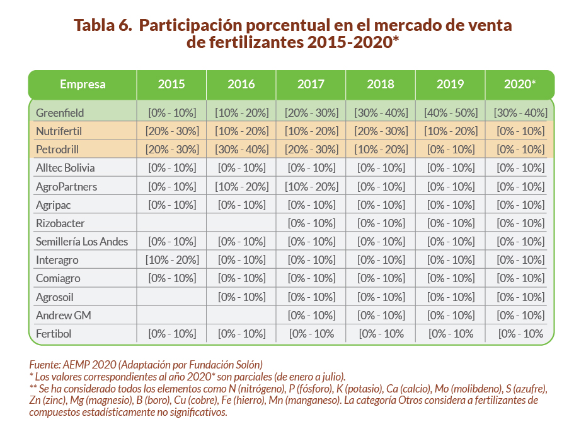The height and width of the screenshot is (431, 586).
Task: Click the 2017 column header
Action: (311, 85)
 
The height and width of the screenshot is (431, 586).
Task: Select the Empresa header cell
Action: (83, 85)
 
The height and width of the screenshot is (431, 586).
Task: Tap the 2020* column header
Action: (520, 85)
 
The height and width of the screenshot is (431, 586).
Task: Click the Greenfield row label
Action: (60, 113)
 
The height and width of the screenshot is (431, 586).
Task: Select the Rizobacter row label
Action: (60, 223)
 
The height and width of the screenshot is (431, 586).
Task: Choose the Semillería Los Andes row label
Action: (82, 242)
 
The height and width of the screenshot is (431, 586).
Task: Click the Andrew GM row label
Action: (64, 316)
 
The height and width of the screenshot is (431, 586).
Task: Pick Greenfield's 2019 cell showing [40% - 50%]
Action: (450, 113)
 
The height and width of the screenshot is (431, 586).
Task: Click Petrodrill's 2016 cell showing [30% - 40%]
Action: (241, 150)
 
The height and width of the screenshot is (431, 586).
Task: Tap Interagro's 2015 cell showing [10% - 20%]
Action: (172, 260)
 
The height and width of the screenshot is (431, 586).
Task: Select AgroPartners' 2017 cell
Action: (311, 187)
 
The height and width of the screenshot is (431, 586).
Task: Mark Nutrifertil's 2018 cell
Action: (381, 131)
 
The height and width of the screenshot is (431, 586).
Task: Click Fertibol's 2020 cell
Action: (520, 334)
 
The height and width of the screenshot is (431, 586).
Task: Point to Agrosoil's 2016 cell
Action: (241, 297)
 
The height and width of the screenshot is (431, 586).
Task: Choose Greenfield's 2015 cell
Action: (172, 113)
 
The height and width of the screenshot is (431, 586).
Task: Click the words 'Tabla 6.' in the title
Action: (102, 26)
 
